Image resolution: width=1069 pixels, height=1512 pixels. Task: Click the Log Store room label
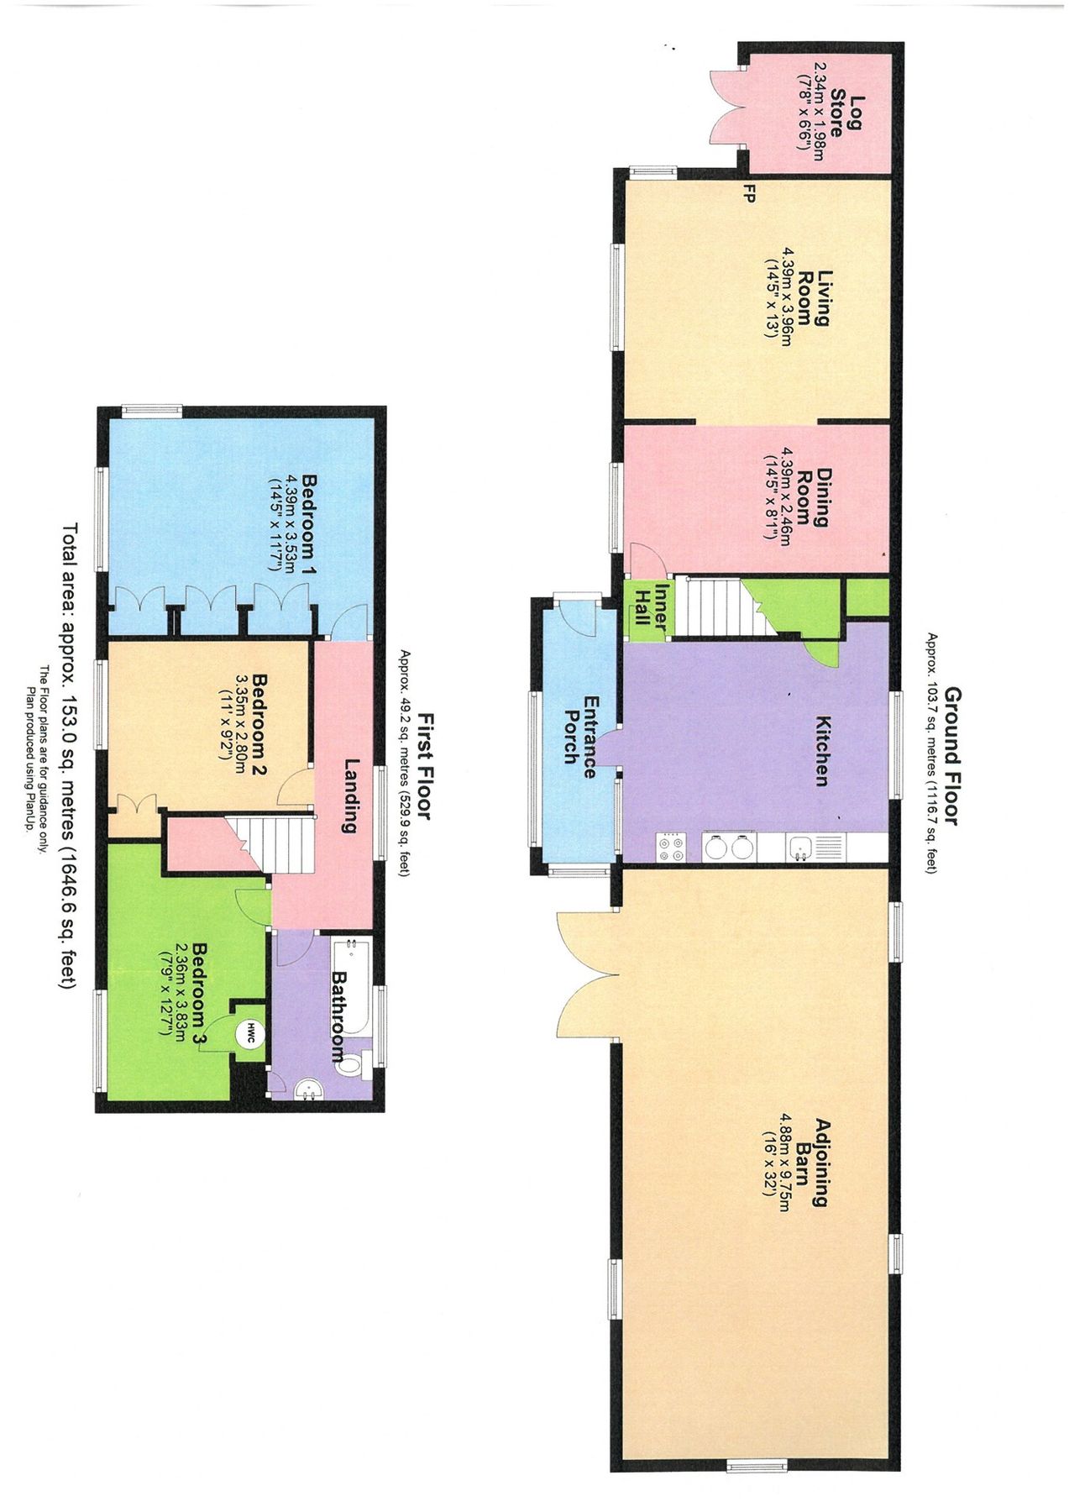(x=846, y=117)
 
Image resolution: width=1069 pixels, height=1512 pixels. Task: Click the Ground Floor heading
(x=951, y=756)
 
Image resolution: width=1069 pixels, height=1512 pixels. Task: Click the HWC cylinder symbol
(x=249, y=1035)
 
